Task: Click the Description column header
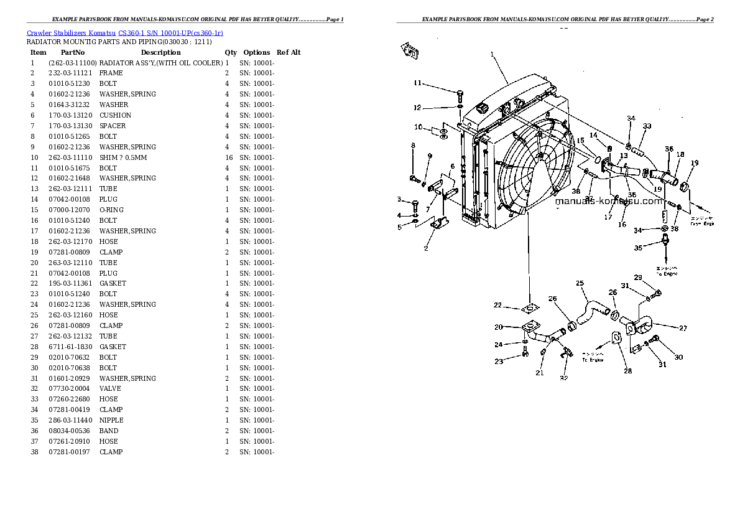point(160,52)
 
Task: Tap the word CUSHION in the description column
point(115,115)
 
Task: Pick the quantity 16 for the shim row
point(228,157)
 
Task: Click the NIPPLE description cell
point(111,420)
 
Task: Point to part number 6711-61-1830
point(70,347)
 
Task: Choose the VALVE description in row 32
point(109,388)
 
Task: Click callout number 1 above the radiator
point(491,55)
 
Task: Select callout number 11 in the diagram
point(418,83)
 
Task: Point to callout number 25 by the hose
point(580,284)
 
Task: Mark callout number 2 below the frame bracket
point(425,248)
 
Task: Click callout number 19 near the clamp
point(695,162)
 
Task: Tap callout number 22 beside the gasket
point(497,304)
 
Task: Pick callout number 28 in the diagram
point(627,371)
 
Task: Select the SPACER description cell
point(113,126)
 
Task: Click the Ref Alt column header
point(289,52)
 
